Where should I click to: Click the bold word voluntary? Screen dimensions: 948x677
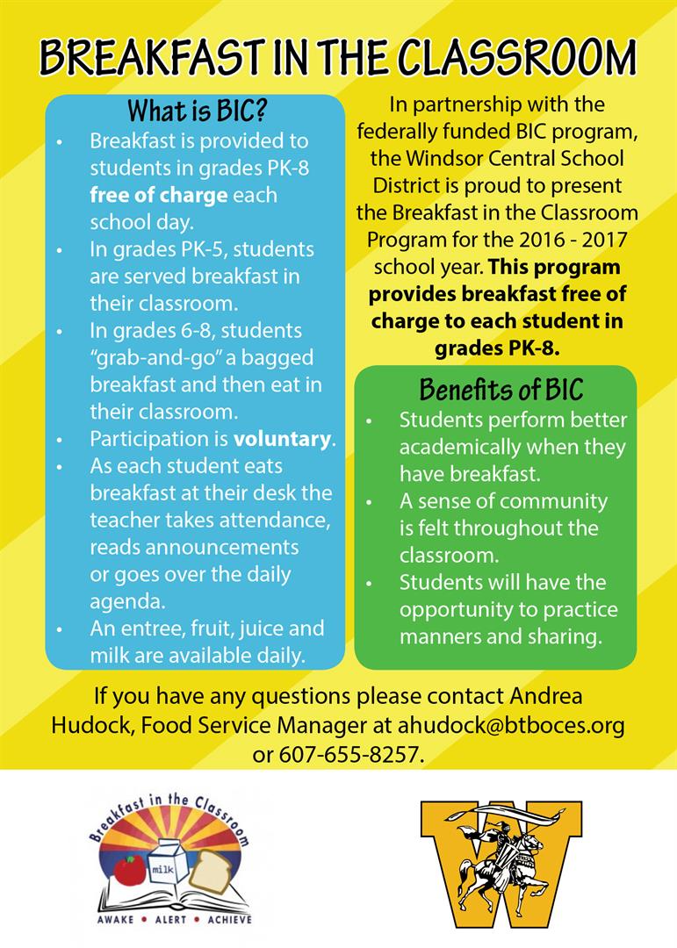coord(283,438)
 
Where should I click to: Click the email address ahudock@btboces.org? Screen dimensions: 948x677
coord(511,725)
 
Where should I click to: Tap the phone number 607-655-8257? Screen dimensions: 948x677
coord(351,753)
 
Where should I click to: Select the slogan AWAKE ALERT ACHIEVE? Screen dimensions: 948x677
coord(172,919)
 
